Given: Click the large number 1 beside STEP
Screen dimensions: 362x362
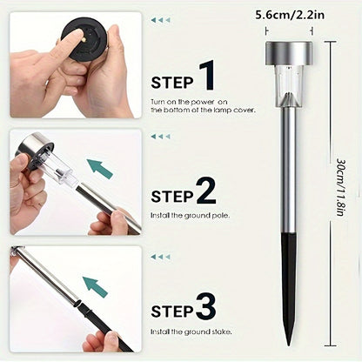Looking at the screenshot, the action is (x=207, y=75).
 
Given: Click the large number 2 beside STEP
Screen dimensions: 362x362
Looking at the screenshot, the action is (x=206, y=190).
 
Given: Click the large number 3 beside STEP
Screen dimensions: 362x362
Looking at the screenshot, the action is (x=206, y=306).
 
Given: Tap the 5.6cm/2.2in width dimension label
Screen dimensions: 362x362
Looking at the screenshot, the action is (x=290, y=15).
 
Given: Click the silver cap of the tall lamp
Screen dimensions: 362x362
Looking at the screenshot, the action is (x=289, y=54).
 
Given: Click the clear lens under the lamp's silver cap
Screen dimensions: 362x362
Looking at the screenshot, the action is (x=289, y=86).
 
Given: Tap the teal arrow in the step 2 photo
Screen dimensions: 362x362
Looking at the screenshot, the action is (x=99, y=169).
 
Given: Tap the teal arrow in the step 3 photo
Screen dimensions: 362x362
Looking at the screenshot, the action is (x=95, y=286).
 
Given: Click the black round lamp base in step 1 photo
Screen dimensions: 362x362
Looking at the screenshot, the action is (x=84, y=39).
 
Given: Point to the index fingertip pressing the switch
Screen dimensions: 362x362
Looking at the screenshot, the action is (x=76, y=36).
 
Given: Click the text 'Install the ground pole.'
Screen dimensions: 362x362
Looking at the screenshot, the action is (x=190, y=216).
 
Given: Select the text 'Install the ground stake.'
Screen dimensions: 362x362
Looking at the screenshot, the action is (x=191, y=332).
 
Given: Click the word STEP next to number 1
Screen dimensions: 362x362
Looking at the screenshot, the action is (x=172, y=83).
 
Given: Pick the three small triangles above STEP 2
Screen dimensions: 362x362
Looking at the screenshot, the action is (x=160, y=137).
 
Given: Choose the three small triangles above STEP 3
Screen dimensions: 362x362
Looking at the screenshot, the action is (x=160, y=257).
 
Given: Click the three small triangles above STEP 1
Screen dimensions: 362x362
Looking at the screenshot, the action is (x=160, y=20).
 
